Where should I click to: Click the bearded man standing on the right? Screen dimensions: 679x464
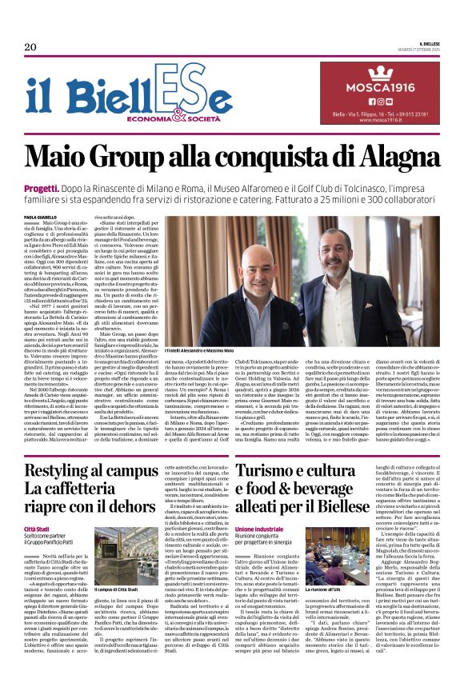[330, 272]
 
